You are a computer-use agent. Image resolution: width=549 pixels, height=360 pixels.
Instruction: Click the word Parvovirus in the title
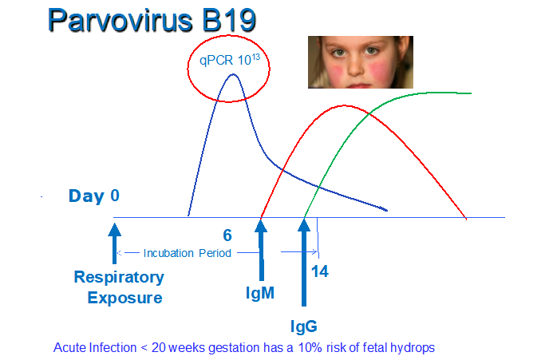pos(120,20)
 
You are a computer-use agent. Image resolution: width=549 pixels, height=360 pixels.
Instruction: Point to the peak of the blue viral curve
pos(233,74)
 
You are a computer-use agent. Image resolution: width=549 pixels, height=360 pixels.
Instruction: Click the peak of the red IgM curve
pos(345,105)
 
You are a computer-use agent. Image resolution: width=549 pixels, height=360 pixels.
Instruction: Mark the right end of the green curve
pos(471,93)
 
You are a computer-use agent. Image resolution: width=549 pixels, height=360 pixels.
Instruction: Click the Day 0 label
pos(94,196)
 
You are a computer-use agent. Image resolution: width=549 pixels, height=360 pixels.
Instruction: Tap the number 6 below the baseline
pos(227,235)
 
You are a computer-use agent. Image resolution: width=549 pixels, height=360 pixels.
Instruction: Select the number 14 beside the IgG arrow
pos(320,271)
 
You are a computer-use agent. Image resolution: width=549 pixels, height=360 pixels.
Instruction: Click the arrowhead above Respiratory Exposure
pos(114,229)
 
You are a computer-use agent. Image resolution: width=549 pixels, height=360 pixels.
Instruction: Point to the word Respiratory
pos(119,277)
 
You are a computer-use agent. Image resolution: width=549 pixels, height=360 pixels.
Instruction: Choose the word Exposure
pos(124,298)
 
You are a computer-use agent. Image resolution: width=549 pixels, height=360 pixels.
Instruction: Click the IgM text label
pos(260,293)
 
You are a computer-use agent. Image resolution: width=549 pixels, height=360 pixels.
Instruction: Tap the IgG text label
pos(304,326)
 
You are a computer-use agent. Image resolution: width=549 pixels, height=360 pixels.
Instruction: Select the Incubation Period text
pos(188,253)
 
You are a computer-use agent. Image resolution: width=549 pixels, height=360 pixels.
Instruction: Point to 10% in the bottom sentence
pos(310,348)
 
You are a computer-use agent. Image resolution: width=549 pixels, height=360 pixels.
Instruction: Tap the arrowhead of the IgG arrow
pos(304,226)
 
